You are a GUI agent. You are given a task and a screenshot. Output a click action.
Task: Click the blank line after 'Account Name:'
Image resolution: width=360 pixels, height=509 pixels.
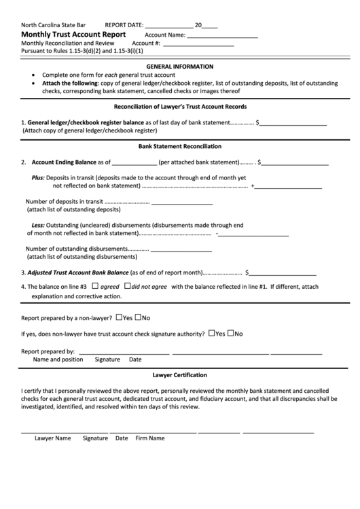coord(222,36)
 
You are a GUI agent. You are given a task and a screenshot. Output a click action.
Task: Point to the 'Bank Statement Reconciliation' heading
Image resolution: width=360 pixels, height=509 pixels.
coord(180,146)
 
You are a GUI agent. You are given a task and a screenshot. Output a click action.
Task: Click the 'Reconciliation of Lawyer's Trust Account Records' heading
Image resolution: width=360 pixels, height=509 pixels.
coord(180,107)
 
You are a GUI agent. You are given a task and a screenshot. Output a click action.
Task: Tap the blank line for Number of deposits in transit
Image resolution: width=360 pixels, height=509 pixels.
coord(182,203)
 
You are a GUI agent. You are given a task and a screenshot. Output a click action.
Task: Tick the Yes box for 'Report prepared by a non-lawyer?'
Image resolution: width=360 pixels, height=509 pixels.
coord(120,317)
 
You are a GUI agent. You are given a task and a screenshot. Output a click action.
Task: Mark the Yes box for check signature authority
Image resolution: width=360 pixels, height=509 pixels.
coord(213,334)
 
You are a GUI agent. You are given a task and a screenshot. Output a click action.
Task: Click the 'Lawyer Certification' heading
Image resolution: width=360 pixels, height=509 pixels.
coord(180,375)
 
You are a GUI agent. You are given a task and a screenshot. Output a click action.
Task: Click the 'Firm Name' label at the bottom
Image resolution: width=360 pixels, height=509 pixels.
coord(150,438)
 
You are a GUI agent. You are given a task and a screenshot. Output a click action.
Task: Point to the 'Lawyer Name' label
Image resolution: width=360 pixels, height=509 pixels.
coord(53,438)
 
